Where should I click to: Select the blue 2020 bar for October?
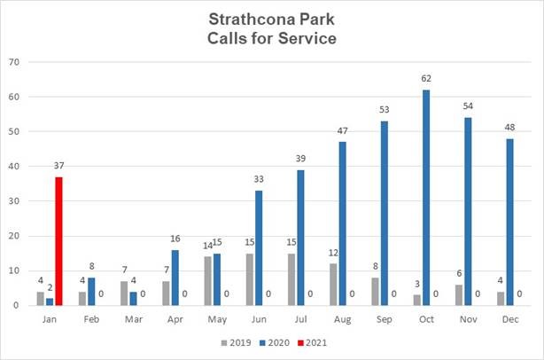pos(427,198)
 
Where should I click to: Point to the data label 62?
pos(427,79)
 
